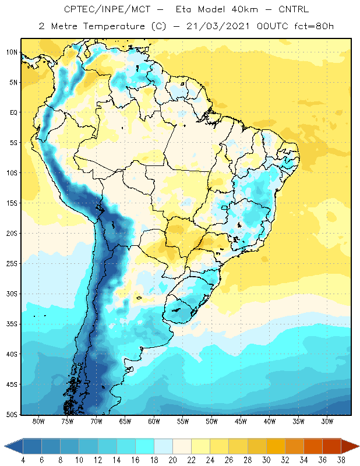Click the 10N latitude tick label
[12, 52]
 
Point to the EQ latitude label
[14, 112]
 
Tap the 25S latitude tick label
[12, 264]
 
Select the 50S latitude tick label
[12, 415]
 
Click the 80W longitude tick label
[38, 421]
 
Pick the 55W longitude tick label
[183, 421]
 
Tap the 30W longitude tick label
[327, 421]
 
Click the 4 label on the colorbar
[23, 460]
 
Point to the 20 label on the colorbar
[172, 460]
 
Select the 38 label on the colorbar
[341, 460]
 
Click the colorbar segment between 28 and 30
[257, 446]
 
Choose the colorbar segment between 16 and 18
[144, 446]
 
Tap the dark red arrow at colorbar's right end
[350, 446]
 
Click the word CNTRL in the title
[294, 9]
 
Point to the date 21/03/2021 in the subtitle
[218, 26]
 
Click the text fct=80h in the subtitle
[314, 26]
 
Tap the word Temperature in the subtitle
[114, 26]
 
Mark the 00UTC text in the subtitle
[273, 26]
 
